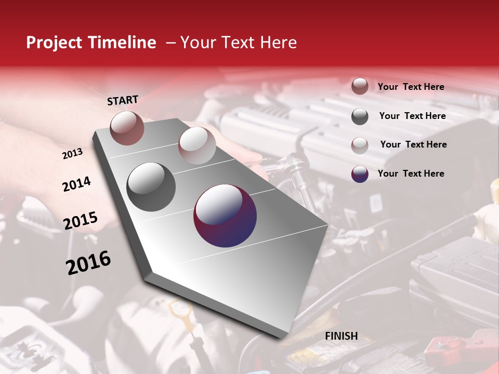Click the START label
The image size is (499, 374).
point(123,100)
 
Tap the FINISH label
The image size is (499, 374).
point(342,336)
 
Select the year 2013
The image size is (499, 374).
point(72,154)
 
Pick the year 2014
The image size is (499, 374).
point(76,184)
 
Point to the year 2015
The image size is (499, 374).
point(81,221)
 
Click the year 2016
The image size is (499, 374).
point(88,263)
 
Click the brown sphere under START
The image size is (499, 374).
point(127,128)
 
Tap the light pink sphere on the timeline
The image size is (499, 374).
point(196,145)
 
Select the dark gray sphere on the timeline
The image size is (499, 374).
point(151,187)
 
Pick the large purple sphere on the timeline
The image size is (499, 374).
point(225,216)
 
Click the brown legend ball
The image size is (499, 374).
point(360,87)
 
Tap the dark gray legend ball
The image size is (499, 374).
point(360,116)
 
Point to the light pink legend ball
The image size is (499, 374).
point(360,145)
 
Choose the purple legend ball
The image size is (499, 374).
point(360,174)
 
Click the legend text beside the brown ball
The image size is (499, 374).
point(411,87)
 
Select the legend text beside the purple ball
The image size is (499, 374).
point(411,173)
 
